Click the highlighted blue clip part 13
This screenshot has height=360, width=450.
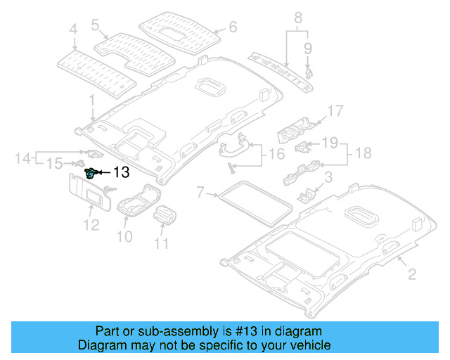pyautogui.click(x=91, y=172)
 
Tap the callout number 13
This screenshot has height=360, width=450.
pyautogui.click(x=121, y=172)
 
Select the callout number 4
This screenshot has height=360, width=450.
pyautogui.click(x=73, y=30)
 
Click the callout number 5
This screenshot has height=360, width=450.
pyautogui.click(x=96, y=25)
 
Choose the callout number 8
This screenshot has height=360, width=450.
pyautogui.click(x=297, y=17)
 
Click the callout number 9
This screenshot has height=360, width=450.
pyautogui.click(x=307, y=48)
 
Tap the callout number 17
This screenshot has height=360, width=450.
pyautogui.click(x=335, y=110)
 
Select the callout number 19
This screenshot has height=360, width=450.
pyautogui.click(x=330, y=143)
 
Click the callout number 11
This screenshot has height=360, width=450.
pyautogui.click(x=162, y=244)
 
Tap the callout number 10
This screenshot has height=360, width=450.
pyautogui.click(x=124, y=237)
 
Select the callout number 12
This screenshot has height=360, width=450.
pyautogui.click(x=90, y=225)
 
